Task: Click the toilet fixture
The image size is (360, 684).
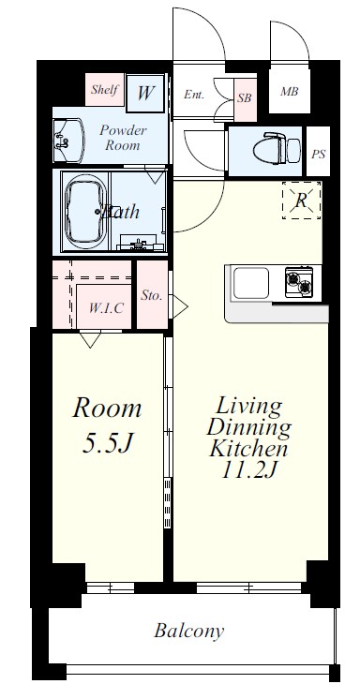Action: coord(277,147)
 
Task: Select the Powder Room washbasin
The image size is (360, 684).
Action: coord(67,140)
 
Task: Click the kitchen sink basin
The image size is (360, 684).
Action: coord(251,283)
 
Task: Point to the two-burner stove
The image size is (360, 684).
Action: coord(299,282)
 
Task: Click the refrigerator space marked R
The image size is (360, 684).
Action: coord(301,201)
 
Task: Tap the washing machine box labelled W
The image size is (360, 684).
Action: coord(145,94)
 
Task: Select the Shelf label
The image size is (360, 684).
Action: coord(104,89)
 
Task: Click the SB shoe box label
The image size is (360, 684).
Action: coord(245,98)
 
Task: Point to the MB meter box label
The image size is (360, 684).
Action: coord(289,92)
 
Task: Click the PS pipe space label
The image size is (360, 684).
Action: coord(318,154)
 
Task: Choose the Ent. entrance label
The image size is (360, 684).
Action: coord(194,95)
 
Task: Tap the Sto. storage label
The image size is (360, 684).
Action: coord(152,295)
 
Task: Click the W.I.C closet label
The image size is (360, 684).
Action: coord(106,308)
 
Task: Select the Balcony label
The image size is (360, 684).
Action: coord(189,631)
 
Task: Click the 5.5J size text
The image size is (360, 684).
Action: coord(108,443)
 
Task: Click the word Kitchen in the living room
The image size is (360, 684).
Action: coord(248,448)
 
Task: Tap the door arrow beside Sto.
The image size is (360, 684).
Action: coord(180,306)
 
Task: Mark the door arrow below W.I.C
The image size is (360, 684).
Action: coord(90,339)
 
